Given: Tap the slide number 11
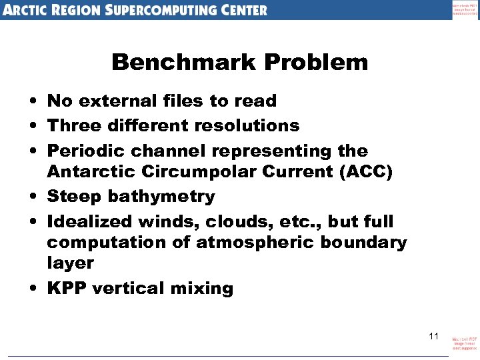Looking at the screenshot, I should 433,336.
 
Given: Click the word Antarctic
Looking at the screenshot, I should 91,172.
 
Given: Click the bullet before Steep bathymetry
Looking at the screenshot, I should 32,197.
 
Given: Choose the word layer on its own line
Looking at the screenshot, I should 70,264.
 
